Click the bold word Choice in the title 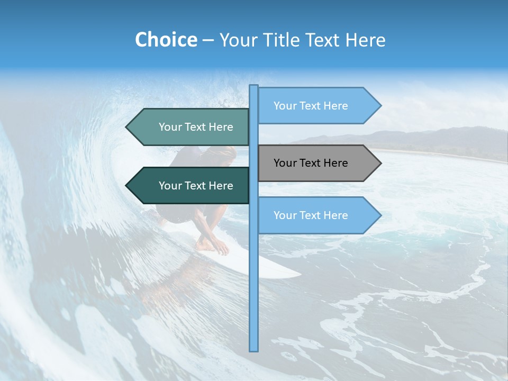coord(166,40)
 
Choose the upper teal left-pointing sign coord(190,127)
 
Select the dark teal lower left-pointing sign coord(190,186)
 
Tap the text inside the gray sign coord(311,163)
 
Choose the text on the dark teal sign coord(196,186)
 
